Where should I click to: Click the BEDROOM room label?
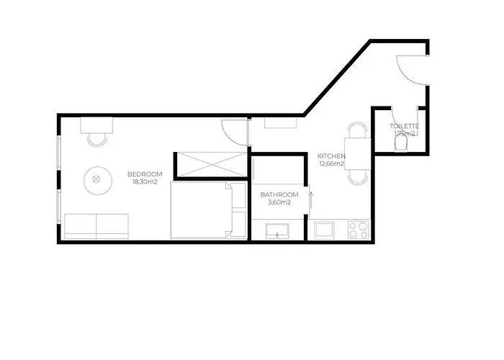145,174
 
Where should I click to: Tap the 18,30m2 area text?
145,182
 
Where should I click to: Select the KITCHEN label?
331,156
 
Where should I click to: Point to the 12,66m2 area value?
331,164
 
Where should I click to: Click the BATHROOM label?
279,195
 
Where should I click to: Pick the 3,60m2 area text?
279,202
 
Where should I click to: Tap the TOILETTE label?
405,126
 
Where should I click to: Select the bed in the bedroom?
208,210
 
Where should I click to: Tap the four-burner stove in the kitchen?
359,230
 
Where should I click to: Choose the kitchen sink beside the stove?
324,230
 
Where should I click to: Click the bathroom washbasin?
277,231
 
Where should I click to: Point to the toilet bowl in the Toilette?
401,144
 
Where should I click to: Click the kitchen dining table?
357,153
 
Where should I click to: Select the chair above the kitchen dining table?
358,130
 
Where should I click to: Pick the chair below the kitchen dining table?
358,177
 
